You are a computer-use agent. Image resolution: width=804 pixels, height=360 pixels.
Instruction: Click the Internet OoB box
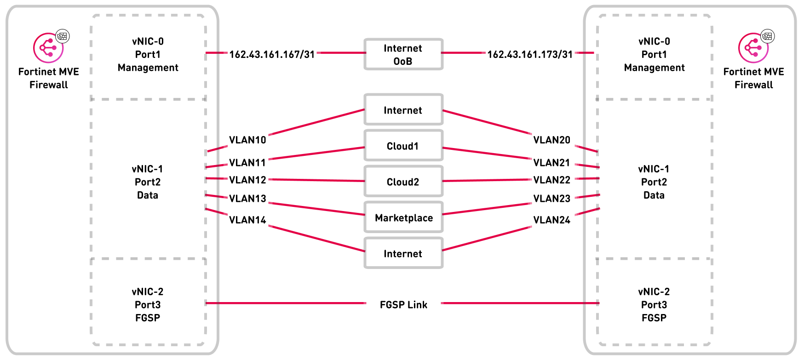tap(403, 54)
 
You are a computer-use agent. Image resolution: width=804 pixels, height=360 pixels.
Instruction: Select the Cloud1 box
tap(403, 146)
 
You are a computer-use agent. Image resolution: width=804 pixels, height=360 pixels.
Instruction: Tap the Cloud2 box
tap(403, 182)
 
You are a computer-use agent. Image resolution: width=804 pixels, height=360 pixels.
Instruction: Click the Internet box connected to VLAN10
tap(403, 110)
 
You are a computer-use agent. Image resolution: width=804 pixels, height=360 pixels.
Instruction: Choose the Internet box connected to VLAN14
tap(403, 253)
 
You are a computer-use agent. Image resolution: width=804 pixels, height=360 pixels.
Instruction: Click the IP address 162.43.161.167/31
tap(272, 54)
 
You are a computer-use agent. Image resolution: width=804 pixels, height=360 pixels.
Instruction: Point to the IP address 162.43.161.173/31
tap(530, 54)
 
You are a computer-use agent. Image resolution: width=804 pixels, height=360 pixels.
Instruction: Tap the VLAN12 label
tap(247, 180)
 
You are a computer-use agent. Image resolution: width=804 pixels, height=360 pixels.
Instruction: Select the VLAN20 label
tap(551, 140)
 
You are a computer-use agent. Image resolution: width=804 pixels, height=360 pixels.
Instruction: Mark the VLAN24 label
tap(551, 220)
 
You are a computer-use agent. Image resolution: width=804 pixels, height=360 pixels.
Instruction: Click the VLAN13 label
tap(247, 198)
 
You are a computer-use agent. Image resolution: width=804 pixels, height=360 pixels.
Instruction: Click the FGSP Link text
tap(403, 304)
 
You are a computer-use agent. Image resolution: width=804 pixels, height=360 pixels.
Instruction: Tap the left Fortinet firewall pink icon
tap(48, 48)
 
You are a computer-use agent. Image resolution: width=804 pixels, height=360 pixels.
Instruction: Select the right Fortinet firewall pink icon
tap(753, 48)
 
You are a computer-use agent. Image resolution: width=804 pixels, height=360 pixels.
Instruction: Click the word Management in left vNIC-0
tap(148, 68)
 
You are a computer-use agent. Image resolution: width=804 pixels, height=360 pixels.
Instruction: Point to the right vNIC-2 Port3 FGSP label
tap(654, 304)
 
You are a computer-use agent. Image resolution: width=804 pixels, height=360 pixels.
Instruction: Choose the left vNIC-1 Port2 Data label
tap(147, 182)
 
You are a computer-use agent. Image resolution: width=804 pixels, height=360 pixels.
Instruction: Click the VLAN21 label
tap(551, 162)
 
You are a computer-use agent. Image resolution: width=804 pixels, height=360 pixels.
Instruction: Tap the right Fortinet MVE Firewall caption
tap(753, 78)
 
